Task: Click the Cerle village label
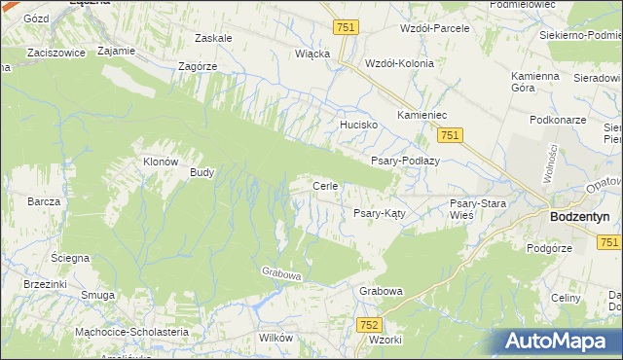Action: [324, 186]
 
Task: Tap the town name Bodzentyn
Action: [584, 218]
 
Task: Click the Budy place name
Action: [202, 172]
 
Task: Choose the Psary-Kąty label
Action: [379, 212]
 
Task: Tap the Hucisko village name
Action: [357, 126]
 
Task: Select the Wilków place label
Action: [275, 337]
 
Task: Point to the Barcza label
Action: [45, 201]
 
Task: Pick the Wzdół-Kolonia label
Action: [398, 62]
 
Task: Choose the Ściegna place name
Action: [70, 258]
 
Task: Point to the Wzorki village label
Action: [386, 341]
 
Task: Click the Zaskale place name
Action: [213, 38]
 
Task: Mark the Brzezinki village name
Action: [45, 283]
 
